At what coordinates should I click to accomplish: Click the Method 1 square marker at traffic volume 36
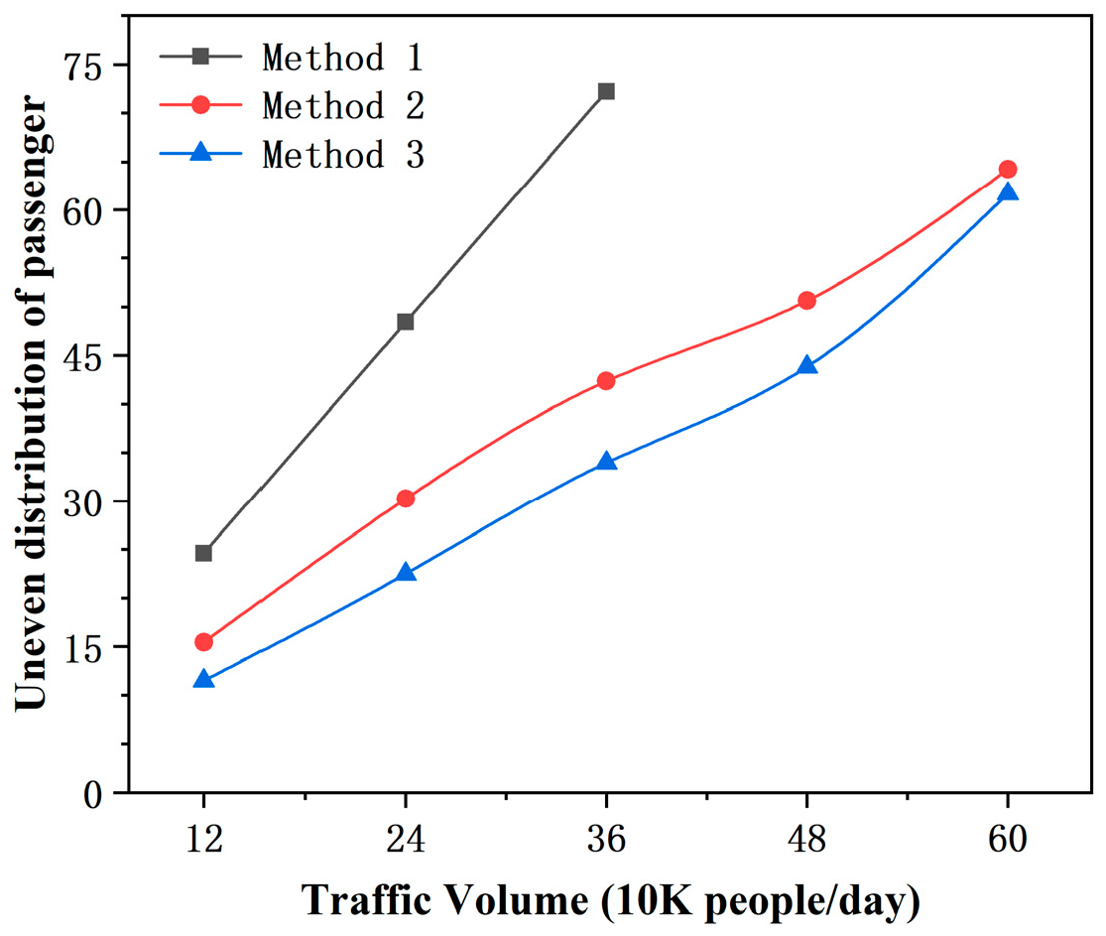(606, 91)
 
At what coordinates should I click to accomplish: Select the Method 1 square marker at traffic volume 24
(405, 322)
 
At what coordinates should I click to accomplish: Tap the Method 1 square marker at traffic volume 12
(203, 553)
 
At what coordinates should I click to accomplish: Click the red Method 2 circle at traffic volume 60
(1008, 170)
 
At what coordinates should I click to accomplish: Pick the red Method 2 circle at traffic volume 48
(806, 301)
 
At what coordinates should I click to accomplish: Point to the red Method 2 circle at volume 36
(606, 381)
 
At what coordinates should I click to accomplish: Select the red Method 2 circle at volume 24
(405, 498)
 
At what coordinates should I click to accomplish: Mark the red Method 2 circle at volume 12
(203, 642)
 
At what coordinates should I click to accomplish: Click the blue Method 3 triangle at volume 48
(806, 365)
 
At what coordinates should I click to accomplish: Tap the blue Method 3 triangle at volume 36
(606, 462)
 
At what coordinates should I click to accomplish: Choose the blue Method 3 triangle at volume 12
(203, 680)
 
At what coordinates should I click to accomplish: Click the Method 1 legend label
(342, 58)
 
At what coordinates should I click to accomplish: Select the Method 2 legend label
(342, 105)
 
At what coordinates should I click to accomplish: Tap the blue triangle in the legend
(199, 153)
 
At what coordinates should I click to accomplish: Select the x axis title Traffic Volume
(611, 902)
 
